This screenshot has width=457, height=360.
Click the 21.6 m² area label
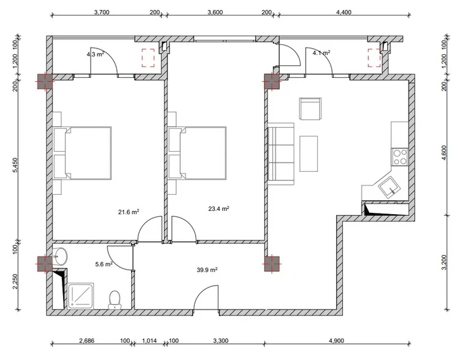coord(128,212)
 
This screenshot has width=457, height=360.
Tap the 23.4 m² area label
coord(218,208)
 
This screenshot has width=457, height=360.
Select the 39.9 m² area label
coord(207,270)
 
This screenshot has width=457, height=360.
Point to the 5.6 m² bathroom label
coord(104,264)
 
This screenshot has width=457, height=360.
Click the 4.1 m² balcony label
coord(321,53)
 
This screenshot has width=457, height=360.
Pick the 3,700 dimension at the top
coord(101,12)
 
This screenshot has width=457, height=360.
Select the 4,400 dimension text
coord(344,12)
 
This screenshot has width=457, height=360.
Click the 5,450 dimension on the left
coord(15,165)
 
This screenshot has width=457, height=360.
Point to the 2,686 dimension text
coord(87,341)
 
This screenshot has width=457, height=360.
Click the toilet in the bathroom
coord(115,300)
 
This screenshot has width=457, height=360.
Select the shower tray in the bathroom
coord(81,296)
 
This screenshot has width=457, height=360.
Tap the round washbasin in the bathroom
coord(60,257)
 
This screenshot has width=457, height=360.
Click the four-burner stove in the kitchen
coord(400,157)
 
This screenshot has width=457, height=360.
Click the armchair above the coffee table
coord(310,109)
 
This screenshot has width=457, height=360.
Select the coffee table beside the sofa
coord(308,154)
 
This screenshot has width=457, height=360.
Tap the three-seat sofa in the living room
coord(281,154)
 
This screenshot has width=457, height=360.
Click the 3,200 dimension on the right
coord(444,263)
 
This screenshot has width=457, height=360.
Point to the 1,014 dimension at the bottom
coord(149,341)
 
